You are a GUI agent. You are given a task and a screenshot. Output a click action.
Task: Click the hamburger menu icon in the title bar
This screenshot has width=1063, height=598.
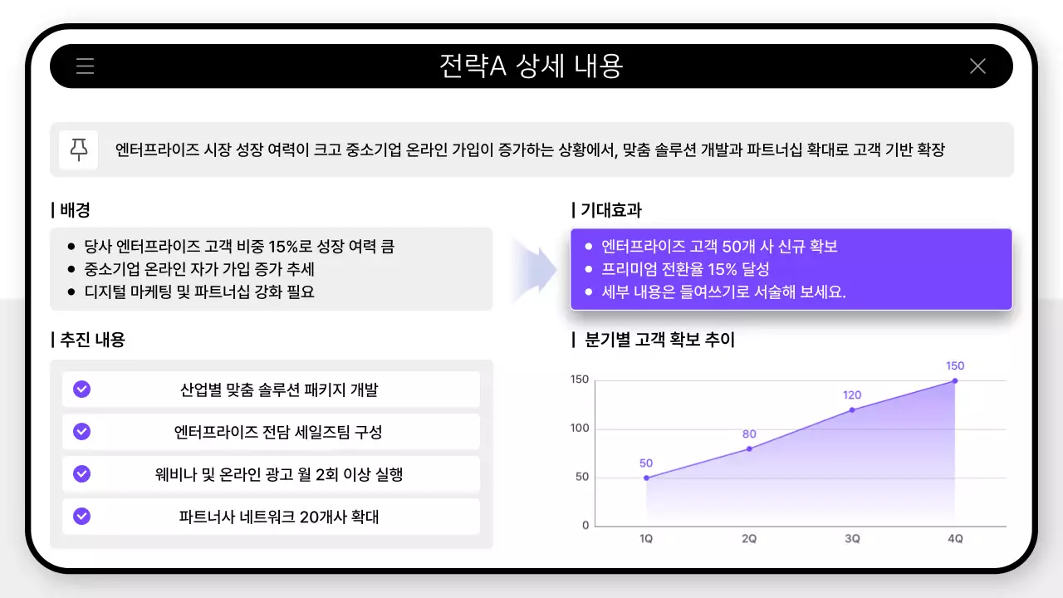point(85,66)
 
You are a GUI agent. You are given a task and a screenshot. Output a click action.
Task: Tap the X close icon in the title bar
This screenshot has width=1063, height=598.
point(977,66)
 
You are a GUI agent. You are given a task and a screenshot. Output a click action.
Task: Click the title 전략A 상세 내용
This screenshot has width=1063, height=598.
point(531,66)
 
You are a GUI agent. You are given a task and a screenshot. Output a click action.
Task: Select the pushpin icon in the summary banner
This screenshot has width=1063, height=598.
point(79,149)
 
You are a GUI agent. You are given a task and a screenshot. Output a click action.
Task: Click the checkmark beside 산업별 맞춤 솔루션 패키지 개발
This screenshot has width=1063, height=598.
point(81,389)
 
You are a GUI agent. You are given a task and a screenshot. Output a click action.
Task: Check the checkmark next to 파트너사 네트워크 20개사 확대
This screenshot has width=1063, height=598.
point(81,516)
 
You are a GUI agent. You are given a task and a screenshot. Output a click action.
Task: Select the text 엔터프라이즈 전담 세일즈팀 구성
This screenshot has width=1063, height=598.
point(278,432)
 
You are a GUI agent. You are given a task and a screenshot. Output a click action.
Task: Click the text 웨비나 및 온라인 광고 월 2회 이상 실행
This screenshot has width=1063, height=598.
point(278,474)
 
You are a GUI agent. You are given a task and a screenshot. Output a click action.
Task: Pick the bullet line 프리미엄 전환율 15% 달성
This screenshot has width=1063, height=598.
point(685,269)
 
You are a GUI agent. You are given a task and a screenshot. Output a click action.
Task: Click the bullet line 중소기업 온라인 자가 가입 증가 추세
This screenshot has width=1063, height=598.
point(199,269)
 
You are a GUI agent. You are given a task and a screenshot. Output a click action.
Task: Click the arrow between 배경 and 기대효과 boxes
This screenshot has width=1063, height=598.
point(534,269)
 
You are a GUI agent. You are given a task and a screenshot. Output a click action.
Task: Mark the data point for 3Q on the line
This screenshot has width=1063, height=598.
point(852,409)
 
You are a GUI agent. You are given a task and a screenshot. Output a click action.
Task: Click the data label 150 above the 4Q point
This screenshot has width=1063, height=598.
point(955,365)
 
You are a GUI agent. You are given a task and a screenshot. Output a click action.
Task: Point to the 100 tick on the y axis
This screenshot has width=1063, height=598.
point(580,429)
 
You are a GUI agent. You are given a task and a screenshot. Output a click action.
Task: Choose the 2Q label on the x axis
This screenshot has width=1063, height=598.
point(749,538)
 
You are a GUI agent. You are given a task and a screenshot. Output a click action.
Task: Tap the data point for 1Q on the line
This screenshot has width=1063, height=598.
point(646,478)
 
